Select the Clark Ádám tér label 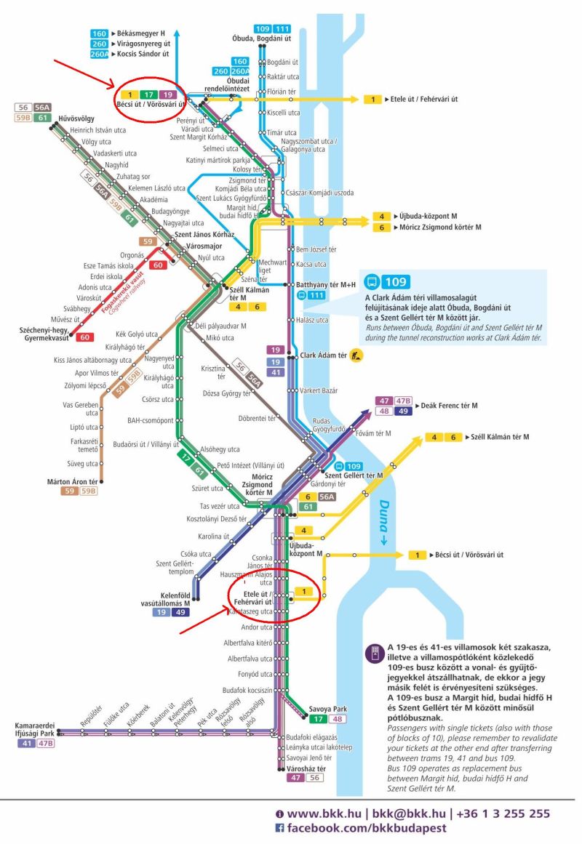point(323,355)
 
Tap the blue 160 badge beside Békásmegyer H point(100,33)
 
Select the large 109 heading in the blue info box point(396,282)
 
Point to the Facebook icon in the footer point(279,829)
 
